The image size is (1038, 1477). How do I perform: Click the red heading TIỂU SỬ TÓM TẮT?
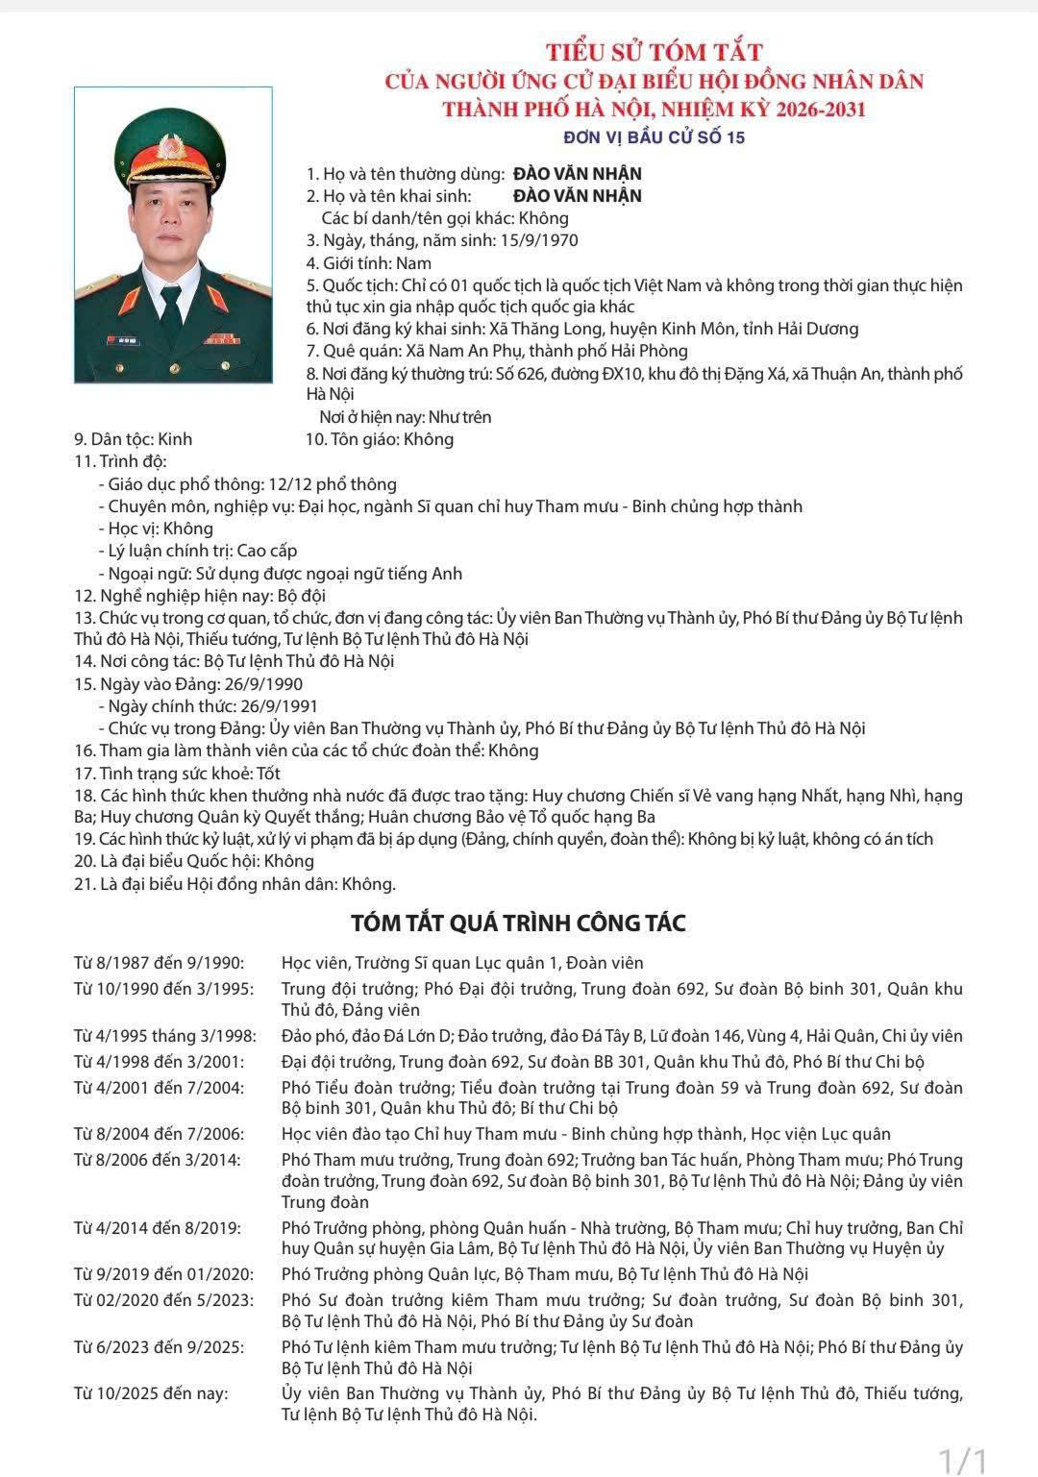654,52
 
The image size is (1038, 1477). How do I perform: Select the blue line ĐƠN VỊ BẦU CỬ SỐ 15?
654,137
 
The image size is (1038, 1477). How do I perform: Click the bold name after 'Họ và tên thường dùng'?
577,174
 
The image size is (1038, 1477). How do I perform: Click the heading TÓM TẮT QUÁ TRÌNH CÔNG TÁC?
518,923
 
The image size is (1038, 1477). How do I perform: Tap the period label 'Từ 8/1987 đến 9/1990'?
160,963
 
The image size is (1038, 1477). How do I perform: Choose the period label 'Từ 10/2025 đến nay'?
152,1392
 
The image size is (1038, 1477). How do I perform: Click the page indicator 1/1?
963,1460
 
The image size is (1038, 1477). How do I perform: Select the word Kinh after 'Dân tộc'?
175,439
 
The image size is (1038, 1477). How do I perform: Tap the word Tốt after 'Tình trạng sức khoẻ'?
269,774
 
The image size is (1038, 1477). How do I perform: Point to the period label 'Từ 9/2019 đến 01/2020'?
164,1274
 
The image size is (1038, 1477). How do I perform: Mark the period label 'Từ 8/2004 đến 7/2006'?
160,1134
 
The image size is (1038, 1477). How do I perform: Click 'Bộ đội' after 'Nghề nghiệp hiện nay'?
301,596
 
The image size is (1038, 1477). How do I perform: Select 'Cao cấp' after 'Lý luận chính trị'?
267,551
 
